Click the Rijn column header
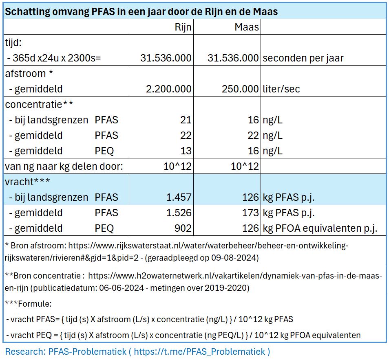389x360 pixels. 183,27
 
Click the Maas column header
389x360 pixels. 247,27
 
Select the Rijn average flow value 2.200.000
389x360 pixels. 168,89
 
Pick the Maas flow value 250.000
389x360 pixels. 240,89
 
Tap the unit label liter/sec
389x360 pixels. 281,89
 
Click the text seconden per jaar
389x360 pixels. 303,58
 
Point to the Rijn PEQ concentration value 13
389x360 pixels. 186,151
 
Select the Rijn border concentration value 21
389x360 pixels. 186,120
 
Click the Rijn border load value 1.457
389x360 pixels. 179,198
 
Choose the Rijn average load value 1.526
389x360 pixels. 179,213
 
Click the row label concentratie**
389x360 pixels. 39,104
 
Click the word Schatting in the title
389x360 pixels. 27,11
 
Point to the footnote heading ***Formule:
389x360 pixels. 28,304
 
